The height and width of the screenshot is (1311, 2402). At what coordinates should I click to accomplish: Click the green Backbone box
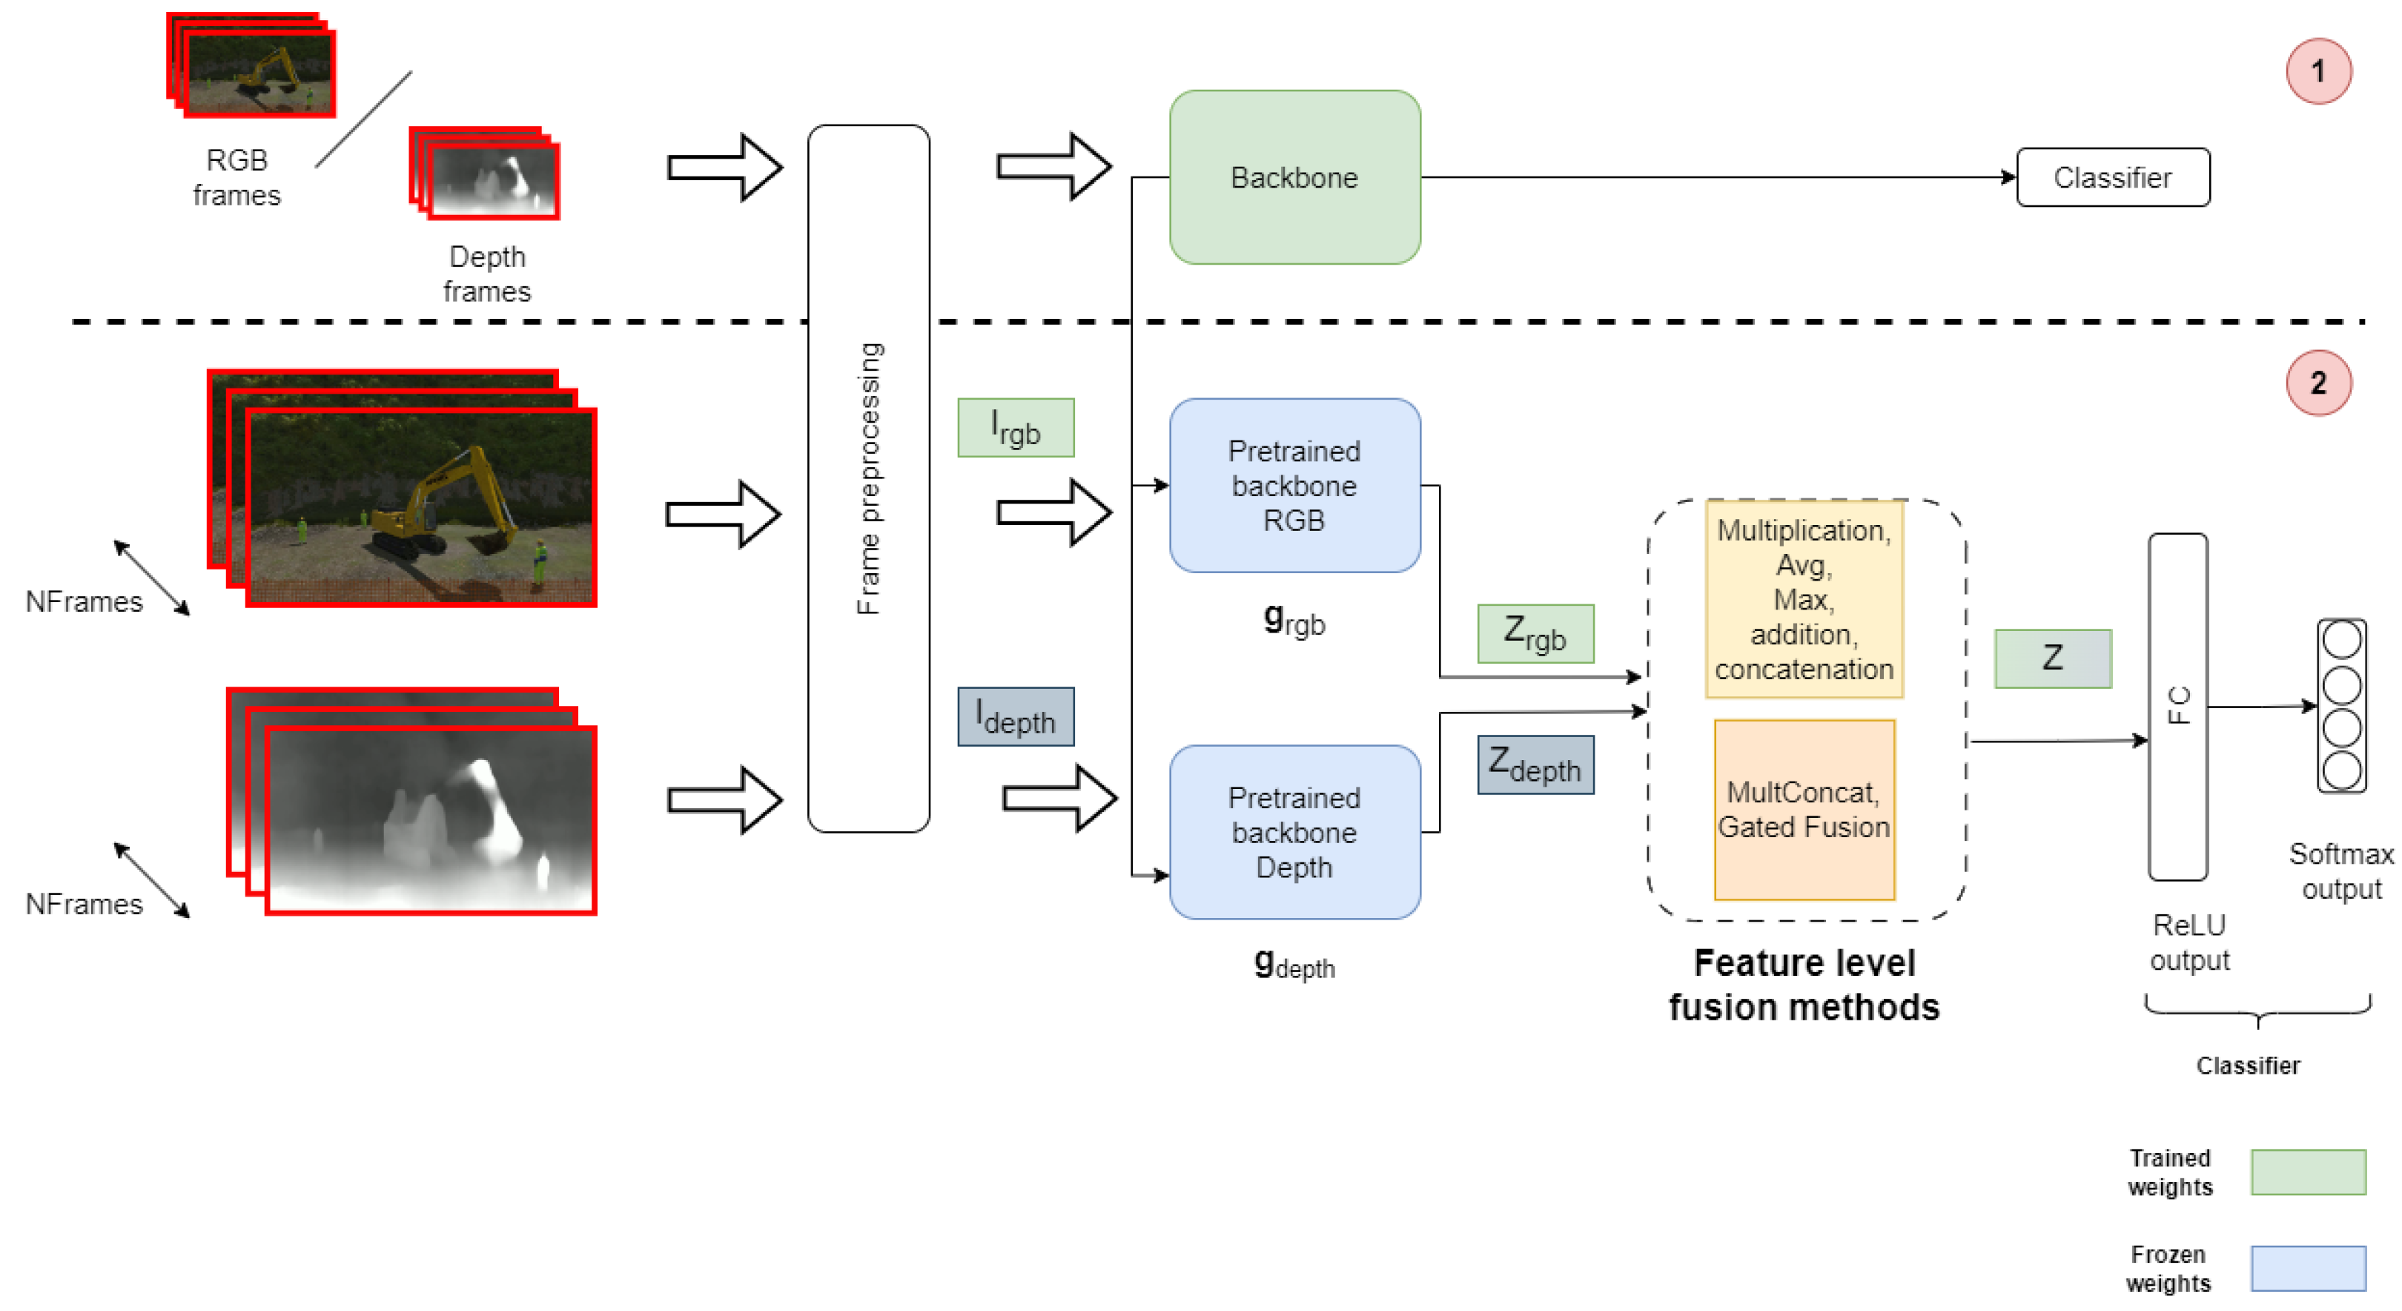(1294, 177)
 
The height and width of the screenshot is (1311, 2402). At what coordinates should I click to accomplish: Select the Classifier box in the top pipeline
(2112, 177)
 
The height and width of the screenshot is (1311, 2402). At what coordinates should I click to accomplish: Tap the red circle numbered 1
(2318, 71)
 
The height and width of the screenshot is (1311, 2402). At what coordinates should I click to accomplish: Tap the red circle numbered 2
(2318, 383)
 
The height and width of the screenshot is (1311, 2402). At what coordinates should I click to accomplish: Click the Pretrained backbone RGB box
(1294, 485)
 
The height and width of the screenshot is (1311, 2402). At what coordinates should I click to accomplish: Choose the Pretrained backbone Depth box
(1294, 832)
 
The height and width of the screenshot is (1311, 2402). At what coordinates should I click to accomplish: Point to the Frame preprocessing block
(868, 478)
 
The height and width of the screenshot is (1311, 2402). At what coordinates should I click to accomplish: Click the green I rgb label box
(1016, 428)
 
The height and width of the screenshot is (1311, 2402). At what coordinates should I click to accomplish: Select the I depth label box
(1016, 716)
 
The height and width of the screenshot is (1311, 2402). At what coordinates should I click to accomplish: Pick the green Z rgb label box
(1535, 634)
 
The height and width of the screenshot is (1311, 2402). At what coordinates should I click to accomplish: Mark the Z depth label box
(1535, 765)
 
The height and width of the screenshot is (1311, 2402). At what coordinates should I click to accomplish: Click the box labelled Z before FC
(2052, 658)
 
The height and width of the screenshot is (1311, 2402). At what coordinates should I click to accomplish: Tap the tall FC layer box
(2177, 706)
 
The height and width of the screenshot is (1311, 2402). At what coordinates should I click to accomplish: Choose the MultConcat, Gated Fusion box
(1804, 809)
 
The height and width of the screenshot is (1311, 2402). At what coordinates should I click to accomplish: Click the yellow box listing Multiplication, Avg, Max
(1804, 598)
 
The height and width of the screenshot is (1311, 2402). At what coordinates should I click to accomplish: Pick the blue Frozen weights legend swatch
(2308, 1268)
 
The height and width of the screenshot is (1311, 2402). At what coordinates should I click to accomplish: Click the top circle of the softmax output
(2341, 641)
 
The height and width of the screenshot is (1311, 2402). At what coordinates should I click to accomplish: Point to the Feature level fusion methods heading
(1804, 985)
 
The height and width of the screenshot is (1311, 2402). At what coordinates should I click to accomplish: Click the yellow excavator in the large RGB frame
(438, 513)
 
